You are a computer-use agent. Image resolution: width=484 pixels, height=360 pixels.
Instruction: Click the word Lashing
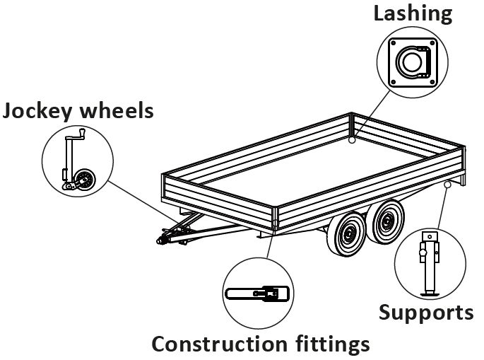click(x=413, y=13)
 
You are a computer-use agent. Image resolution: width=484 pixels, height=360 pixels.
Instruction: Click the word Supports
click(x=426, y=312)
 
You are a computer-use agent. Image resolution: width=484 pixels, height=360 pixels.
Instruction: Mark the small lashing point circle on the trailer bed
click(x=352, y=140)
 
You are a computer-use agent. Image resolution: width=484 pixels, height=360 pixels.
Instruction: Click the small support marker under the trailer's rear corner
click(x=448, y=185)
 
